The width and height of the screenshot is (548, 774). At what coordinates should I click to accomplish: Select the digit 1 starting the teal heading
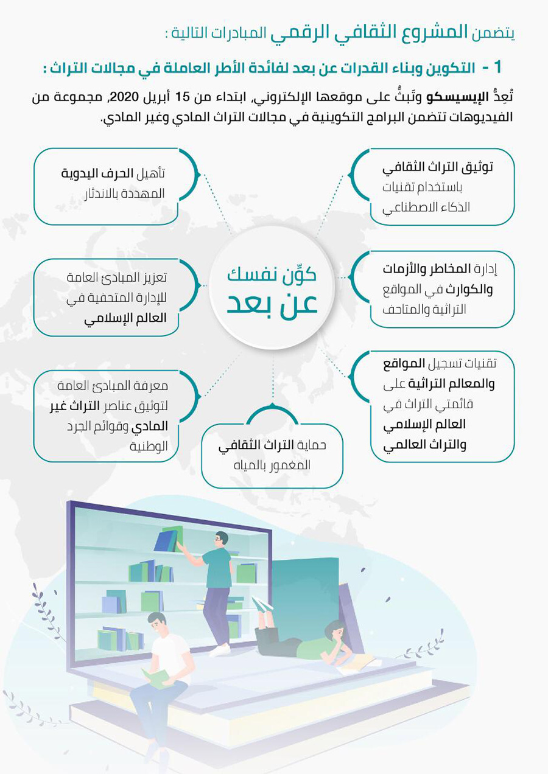(497, 67)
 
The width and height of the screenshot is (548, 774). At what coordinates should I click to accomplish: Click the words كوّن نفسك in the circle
(272, 274)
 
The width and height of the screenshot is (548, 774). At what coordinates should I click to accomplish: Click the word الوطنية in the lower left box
(149, 446)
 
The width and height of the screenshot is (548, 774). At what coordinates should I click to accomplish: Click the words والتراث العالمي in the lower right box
(424, 445)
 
